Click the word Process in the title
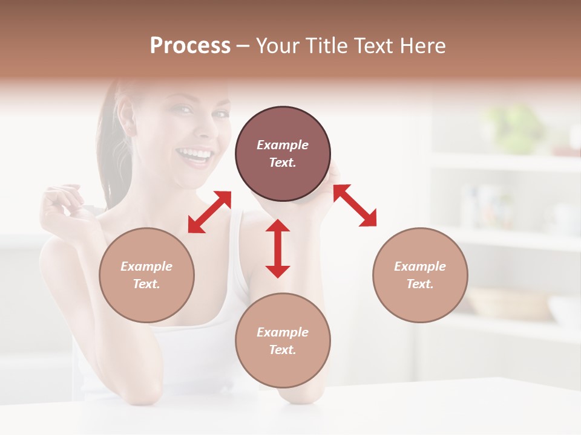pyautogui.click(x=190, y=46)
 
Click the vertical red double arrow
pyautogui.click(x=278, y=248)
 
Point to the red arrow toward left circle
pyautogui.click(x=209, y=211)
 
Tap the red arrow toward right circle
pyautogui.click(x=355, y=205)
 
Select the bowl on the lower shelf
pyautogui.click(x=508, y=302)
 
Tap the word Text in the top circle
pyautogui.click(x=283, y=163)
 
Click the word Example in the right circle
pyautogui.click(x=420, y=266)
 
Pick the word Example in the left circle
pyautogui.click(x=146, y=266)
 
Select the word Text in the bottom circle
pyautogui.click(x=283, y=350)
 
